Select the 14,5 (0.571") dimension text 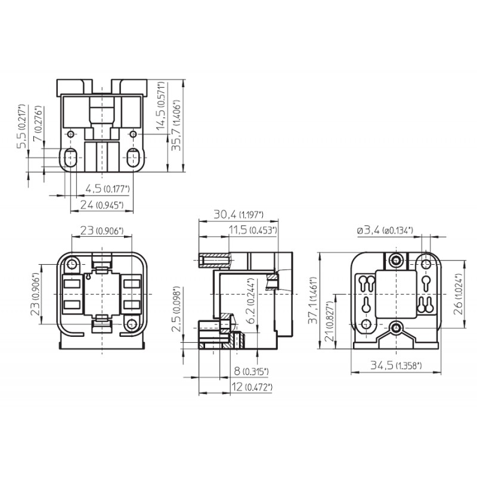pos(160,106)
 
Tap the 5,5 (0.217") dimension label pos(20,126)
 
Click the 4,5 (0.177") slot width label pos(107,189)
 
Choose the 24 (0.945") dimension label pos(102,205)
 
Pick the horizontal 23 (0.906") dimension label pos(102,231)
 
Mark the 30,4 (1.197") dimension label pos(238,215)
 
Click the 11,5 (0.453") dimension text pos(253,230)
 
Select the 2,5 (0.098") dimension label pos(176,309)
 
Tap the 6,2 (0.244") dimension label pos(251,301)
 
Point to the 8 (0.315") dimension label pos(251,371)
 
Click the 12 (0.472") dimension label pos(252,387)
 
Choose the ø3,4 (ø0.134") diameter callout pos(385,231)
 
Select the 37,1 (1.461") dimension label pos(313,301)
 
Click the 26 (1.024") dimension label pos(457,294)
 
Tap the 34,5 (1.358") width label pos(396,365)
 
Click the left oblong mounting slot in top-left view pos(70,157)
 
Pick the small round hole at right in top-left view pos(133,134)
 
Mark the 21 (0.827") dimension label pos(330,321)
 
